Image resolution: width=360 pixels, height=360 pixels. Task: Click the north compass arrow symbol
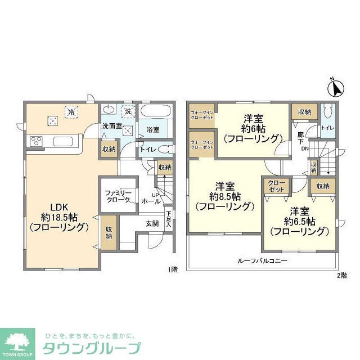(336, 88)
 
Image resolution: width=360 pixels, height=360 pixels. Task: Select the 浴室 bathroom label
(153, 129)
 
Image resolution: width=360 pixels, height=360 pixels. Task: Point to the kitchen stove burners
(37, 141)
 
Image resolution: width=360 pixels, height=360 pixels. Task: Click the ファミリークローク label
(118, 196)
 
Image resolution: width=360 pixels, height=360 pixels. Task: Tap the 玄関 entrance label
(152, 223)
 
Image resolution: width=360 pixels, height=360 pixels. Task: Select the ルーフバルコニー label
(262, 261)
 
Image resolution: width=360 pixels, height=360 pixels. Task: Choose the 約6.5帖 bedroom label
(299, 221)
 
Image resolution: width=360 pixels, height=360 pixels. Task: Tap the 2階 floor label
(342, 274)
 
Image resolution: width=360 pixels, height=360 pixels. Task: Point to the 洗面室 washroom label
(111, 126)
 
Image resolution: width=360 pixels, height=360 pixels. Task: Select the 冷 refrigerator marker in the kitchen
(71, 111)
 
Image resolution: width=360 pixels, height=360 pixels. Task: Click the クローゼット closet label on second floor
(276, 187)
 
